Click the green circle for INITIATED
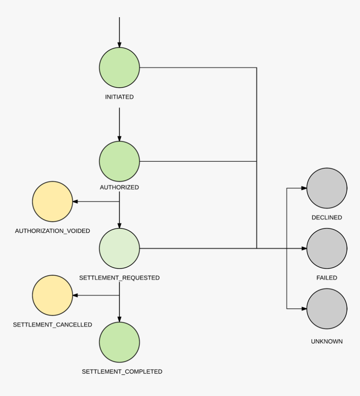point(119,67)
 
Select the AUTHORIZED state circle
point(119,161)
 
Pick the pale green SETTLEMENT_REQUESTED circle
point(119,248)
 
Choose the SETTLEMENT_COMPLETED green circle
point(119,342)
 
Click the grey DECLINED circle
point(327,188)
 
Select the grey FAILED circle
point(327,248)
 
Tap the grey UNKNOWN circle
point(327,309)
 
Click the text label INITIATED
point(119,97)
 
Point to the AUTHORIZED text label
point(119,187)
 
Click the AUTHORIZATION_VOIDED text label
point(52,231)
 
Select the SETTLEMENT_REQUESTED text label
point(119,278)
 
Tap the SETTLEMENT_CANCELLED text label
point(52,325)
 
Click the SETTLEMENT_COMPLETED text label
point(122,371)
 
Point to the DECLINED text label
point(327,217)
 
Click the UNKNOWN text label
point(327,342)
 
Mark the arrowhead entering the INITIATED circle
point(119,44)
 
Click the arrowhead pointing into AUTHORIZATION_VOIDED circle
point(75,202)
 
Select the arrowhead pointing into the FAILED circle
point(304,248)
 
